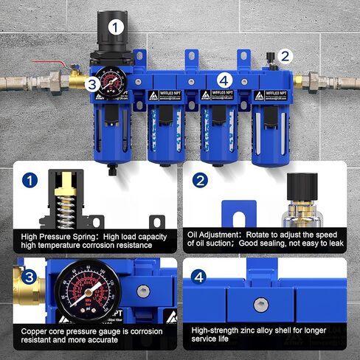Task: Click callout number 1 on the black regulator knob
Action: click(115, 27)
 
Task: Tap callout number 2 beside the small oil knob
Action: click(286, 55)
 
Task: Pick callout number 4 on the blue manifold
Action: click(224, 79)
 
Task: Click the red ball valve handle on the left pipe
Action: click(62, 67)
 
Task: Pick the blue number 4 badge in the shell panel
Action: click(197, 278)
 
